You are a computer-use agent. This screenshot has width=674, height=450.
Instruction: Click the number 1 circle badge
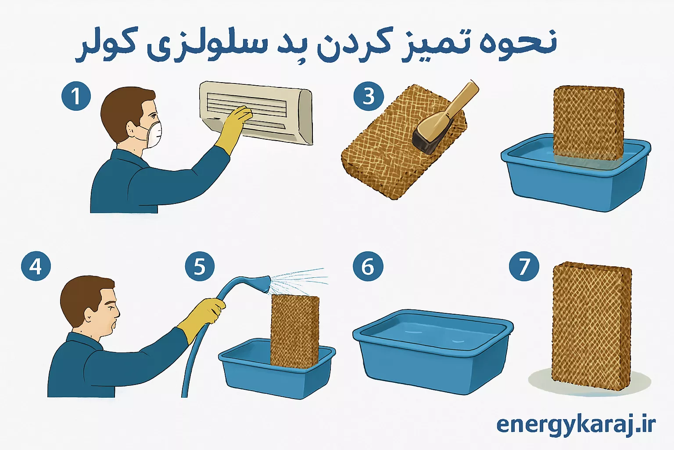point(76,95)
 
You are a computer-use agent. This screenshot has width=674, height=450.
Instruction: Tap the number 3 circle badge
point(368,95)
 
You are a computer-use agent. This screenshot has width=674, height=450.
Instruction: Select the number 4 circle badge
point(36,266)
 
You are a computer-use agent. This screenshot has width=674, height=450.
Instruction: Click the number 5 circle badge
point(200,266)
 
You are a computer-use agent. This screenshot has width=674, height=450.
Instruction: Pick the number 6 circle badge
point(368,266)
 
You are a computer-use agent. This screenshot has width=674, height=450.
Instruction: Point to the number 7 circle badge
point(524,266)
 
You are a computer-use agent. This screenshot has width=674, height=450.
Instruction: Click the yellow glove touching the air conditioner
point(235,125)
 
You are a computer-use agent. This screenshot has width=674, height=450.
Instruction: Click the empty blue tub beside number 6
point(432,349)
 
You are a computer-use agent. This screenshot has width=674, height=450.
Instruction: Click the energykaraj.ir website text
point(576,425)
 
